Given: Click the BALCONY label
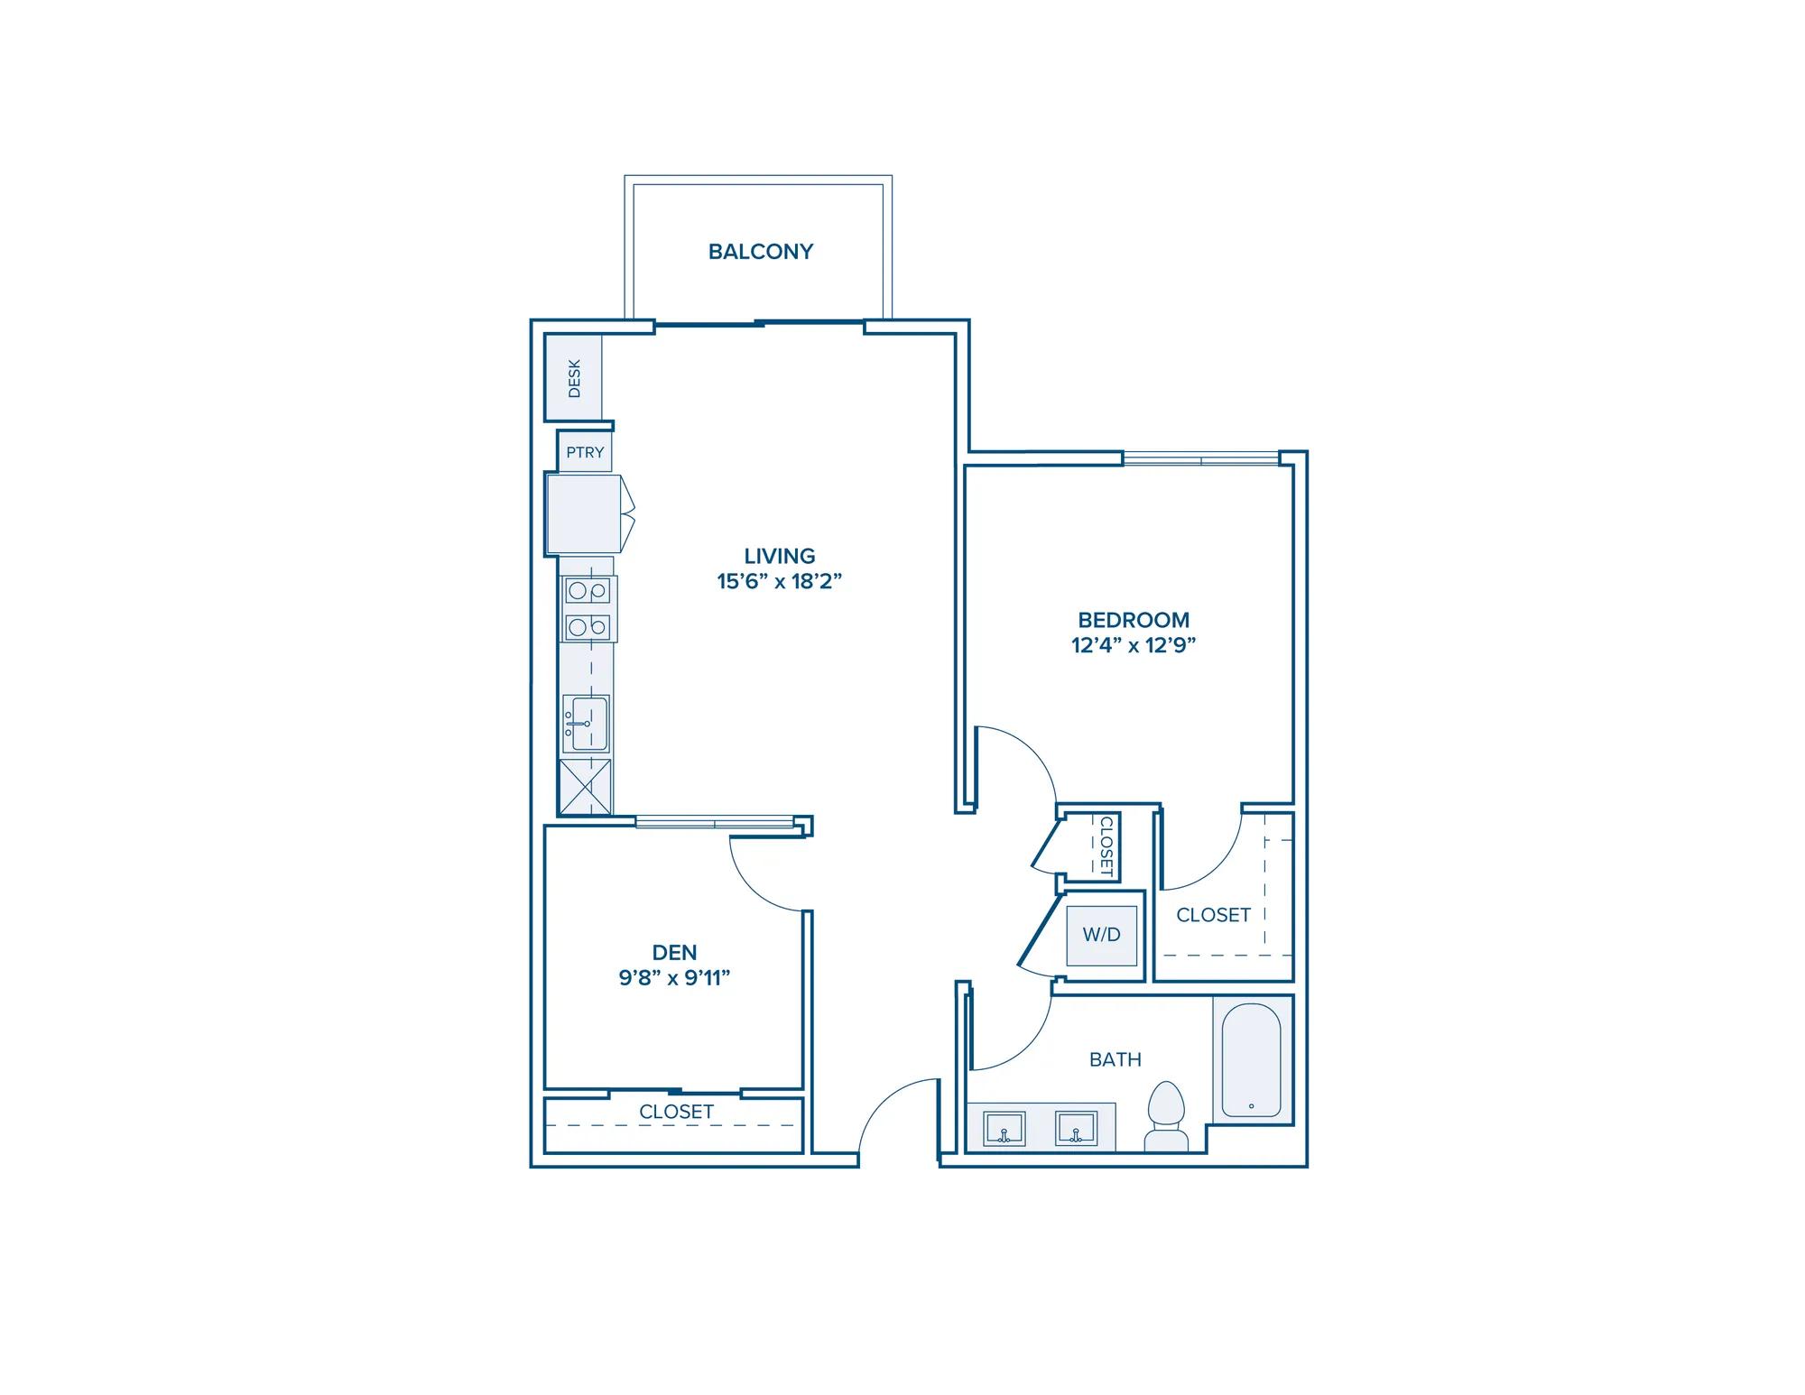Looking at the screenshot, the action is [761, 252].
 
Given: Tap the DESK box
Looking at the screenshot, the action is [573, 377].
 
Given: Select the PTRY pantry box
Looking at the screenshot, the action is [585, 452].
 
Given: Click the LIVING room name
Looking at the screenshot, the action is [780, 556].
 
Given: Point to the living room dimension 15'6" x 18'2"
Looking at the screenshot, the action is [780, 581].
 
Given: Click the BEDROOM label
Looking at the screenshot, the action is [1134, 620].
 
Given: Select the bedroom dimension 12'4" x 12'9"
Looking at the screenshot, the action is [1134, 645].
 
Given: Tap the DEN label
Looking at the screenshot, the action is [674, 952].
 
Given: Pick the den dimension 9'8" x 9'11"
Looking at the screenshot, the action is [674, 977].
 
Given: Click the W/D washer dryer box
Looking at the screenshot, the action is [1101, 935].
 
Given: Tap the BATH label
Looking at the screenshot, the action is [1115, 1059].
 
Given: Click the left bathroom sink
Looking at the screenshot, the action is [1004, 1129].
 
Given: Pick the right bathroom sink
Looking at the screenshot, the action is [1076, 1129].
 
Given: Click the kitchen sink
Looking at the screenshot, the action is [586, 724].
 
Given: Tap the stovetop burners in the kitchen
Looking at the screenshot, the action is [587, 609].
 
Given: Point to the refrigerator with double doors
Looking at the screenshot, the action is [589, 514].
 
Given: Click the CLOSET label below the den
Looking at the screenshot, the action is [676, 1112].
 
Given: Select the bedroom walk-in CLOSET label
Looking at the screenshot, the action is [1213, 915].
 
